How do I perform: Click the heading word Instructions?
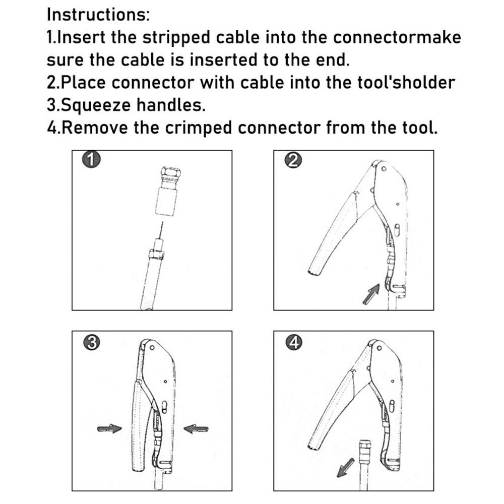coord(98,14)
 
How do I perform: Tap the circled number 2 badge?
coord(292,160)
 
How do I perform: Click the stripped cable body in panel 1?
coord(151,282)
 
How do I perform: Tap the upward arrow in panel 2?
coord(371,294)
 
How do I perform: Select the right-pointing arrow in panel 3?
coord(109,428)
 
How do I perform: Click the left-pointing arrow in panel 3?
coord(196,428)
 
